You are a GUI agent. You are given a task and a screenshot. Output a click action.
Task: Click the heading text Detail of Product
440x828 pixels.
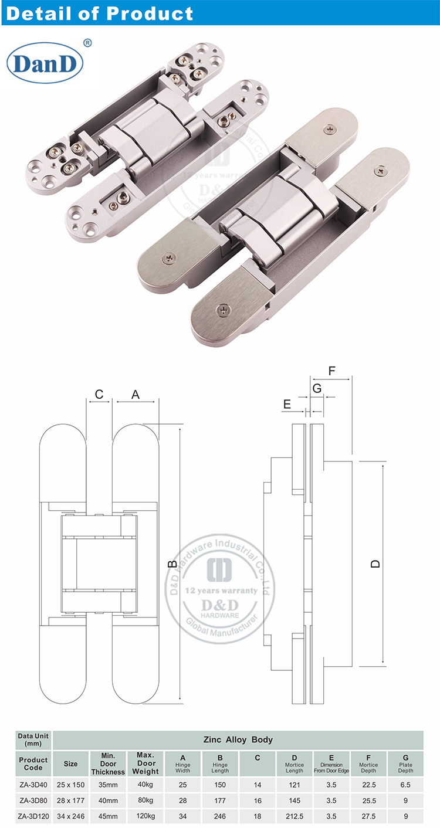point(99,13)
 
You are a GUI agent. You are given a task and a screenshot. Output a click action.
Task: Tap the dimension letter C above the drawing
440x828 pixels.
point(99,395)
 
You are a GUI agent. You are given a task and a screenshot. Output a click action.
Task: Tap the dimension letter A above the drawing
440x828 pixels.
point(136,395)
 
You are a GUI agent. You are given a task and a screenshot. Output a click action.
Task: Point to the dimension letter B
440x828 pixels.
point(172,564)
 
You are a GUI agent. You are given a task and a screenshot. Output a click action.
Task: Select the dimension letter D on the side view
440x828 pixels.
point(375,564)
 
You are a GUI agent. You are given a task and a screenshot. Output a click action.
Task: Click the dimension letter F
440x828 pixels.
point(331,371)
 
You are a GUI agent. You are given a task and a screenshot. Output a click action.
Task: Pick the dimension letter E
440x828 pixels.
point(287,404)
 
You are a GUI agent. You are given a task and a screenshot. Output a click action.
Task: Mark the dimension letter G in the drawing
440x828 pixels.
point(317,388)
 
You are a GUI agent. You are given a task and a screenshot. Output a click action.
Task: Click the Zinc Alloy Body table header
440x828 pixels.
point(238,739)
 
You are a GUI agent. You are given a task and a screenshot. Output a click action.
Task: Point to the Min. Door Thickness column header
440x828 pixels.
point(108,763)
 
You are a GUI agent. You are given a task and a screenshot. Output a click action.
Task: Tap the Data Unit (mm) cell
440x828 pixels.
point(33,739)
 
